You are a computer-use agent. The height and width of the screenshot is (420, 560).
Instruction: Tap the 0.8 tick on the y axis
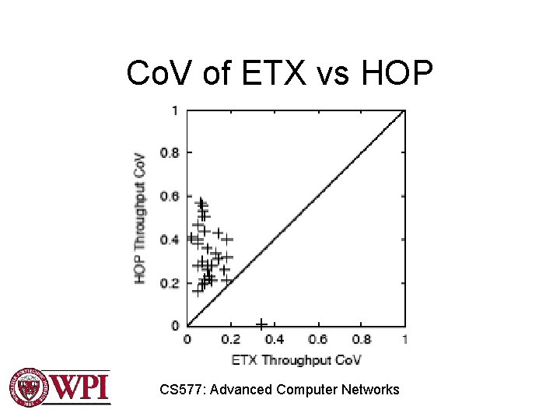tap(170, 152)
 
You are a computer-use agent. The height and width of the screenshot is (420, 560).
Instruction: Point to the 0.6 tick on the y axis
tap(170, 196)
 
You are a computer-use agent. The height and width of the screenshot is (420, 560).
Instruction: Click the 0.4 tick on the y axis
tap(170, 240)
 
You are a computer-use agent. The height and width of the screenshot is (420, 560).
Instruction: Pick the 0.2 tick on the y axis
tap(170, 282)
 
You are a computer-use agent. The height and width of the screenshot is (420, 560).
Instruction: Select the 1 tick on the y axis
tap(174, 110)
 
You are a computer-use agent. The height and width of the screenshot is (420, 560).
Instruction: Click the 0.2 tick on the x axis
tap(231, 339)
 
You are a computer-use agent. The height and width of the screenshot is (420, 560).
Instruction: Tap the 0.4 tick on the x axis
tap(275, 339)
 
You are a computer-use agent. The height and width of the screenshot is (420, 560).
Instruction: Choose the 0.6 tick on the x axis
tap(318, 339)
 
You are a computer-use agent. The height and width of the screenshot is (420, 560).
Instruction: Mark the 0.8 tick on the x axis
tap(362, 339)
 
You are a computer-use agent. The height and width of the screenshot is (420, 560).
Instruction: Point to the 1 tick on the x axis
tap(404, 339)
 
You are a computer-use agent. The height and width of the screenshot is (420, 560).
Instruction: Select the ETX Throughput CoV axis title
tap(296, 359)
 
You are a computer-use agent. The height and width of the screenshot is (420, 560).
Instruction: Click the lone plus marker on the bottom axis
tap(261, 324)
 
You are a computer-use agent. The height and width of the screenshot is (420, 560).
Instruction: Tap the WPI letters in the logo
tap(80, 387)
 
